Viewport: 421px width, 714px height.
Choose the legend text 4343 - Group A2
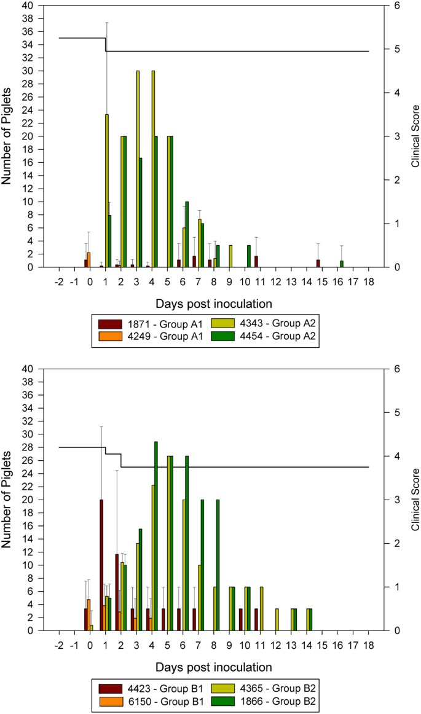click(x=269, y=323)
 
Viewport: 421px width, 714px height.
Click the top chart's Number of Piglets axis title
click(x=9, y=136)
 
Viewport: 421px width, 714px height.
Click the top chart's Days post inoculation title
click(x=213, y=303)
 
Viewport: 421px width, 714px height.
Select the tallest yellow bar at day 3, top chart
click(x=138, y=169)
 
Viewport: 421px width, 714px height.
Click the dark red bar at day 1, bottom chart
click(x=101, y=565)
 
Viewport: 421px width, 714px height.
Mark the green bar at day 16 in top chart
click(x=341, y=264)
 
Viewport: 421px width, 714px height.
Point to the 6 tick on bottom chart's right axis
click(x=391, y=369)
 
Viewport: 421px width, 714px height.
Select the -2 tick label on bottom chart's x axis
click(x=59, y=646)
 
